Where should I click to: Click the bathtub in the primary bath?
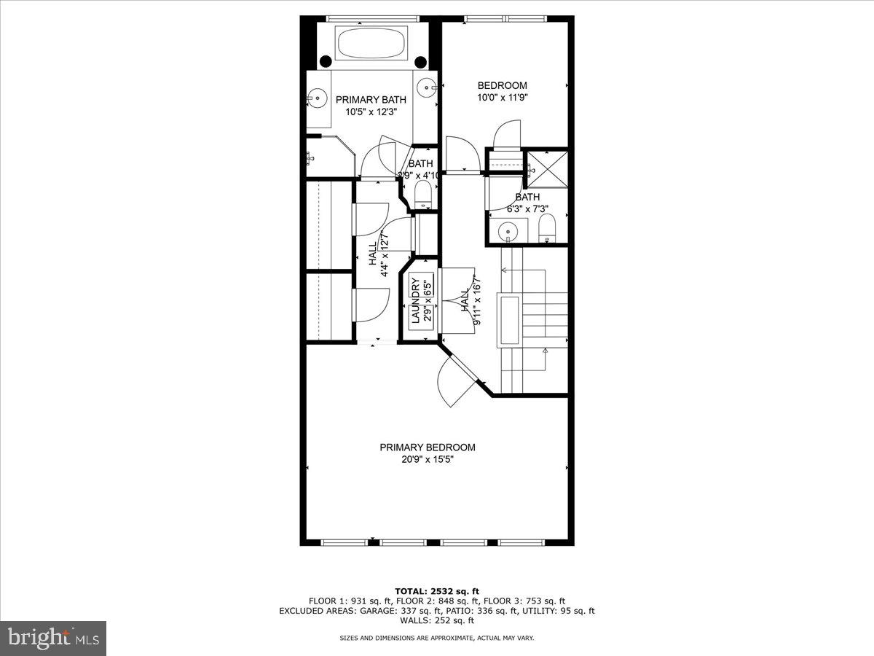click(371, 44)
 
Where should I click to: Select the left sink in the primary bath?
click(316, 95)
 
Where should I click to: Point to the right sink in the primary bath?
click(428, 86)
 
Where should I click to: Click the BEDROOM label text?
click(502, 85)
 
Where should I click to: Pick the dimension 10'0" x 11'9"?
click(502, 97)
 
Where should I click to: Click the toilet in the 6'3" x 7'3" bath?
click(547, 233)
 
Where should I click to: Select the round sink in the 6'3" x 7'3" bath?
click(508, 233)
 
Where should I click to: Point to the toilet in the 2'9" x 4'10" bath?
click(423, 195)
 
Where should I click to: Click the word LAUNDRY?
click(415, 300)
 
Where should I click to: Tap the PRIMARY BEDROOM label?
click(427, 448)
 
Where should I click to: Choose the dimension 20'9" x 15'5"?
click(427, 459)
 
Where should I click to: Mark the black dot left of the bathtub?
click(326, 61)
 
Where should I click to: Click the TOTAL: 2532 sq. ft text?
click(437, 591)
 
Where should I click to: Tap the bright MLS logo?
click(53, 638)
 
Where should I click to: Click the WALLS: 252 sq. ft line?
click(437, 620)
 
